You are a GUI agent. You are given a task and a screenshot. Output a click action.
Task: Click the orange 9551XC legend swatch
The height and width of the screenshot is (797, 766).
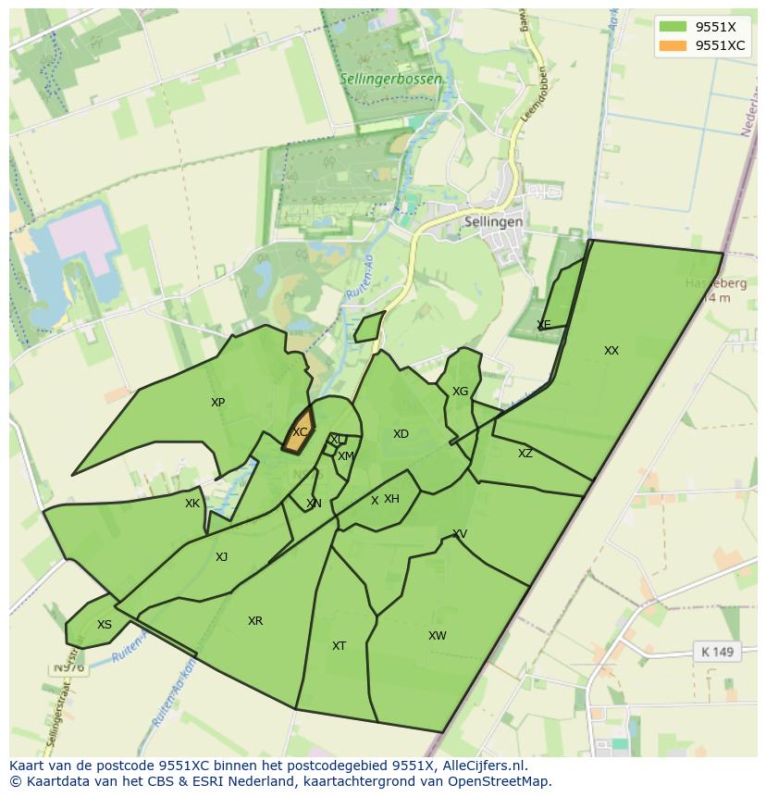tap(673, 45)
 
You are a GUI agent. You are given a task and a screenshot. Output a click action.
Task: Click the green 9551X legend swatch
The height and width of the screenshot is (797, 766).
tap(673, 27)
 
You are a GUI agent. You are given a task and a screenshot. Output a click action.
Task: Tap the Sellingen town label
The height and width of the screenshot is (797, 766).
tap(494, 222)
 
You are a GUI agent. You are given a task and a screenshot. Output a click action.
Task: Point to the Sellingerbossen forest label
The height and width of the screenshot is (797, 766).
tap(389, 80)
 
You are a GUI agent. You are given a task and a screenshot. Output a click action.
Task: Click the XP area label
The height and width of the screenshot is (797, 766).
tap(217, 403)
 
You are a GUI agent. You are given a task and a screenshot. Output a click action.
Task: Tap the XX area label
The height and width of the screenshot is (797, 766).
tap(611, 351)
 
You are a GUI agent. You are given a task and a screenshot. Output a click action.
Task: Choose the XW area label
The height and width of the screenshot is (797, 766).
tap(437, 636)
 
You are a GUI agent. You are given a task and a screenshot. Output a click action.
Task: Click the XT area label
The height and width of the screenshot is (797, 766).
tap(339, 646)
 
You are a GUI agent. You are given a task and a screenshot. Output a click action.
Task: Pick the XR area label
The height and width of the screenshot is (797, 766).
tap(255, 621)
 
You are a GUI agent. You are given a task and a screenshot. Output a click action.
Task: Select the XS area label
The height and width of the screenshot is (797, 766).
tap(105, 625)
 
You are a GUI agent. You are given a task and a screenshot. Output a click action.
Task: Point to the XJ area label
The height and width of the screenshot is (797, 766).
tap(221, 557)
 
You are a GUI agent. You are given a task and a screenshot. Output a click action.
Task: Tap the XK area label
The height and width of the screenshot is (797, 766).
tap(191, 504)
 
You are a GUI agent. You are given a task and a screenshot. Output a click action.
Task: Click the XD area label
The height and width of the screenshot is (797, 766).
tap(401, 434)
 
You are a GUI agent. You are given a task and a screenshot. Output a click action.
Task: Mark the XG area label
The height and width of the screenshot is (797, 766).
tap(460, 392)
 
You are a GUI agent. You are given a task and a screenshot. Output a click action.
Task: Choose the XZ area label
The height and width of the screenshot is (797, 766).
tap(525, 454)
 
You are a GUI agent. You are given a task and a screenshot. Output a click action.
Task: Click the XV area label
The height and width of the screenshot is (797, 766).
tap(459, 534)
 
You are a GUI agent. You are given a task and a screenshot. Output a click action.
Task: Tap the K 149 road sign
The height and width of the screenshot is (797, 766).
tap(717, 652)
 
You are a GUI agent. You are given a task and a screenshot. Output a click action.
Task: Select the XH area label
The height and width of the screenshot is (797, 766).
tap(391, 499)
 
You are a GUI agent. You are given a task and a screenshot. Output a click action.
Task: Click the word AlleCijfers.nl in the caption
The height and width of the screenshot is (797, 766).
tap(481, 766)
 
